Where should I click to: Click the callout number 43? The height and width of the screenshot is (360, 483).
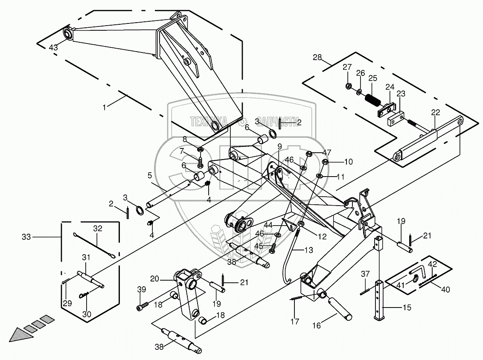pyautogui.click(x=53, y=47)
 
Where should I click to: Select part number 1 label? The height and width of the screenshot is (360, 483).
pyautogui.click(x=104, y=107)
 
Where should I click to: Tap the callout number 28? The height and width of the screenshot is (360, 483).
pyautogui.click(x=317, y=57)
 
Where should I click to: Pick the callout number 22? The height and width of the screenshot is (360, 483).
pyautogui.click(x=435, y=113)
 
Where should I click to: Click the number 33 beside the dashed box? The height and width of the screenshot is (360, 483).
pyautogui.click(x=26, y=237)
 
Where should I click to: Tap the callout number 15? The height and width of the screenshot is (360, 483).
pyautogui.click(x=407, y=308)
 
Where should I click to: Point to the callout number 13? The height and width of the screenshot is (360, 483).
pyautogui.click(x=308, y=250)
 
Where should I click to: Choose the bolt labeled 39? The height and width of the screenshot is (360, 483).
pyautogui.click(x=143, y=306)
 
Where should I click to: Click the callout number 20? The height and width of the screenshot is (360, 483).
pyautogui.click(x=154, y=279)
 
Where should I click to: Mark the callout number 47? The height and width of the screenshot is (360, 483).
pyautogui.click(x=326, y=152)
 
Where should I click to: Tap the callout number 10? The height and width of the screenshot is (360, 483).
pyautogui.click(x=348, y=162)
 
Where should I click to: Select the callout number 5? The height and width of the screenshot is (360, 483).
pyautogui.click(x=150, y=175)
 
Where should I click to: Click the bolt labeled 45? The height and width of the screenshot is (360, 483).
pyautogui.click(x=272, y=248)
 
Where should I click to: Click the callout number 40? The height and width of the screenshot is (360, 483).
pyautogui.click(x=445, y=290)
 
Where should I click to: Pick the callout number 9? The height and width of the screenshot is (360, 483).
pyautogui.click(x=279, y=146)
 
